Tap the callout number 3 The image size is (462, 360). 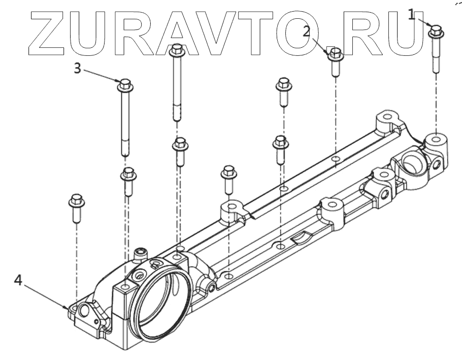[77, 68]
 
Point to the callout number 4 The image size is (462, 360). [18, 280]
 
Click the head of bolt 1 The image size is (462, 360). [436, 30]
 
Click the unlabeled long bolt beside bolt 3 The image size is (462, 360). [176, 81]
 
